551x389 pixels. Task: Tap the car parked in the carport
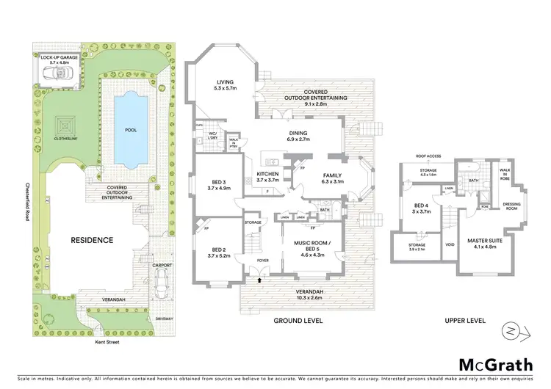162,280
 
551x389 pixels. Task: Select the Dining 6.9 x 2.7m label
303,136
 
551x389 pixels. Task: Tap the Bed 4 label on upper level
421,208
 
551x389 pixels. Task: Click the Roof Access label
428,156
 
